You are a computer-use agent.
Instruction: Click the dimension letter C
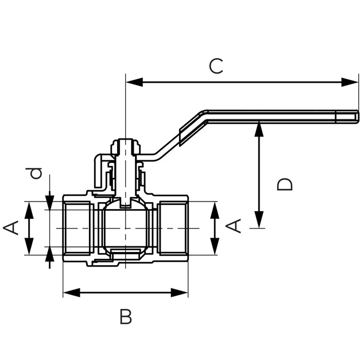(x=216, y=66)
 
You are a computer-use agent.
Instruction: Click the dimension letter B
(x=126, y=316)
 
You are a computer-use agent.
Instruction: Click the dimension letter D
(x=285, y=184)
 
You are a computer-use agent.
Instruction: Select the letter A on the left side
(x=11, y=228)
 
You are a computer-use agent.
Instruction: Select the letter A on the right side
(x=234, y=226)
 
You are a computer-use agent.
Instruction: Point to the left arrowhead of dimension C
(x=134, y=82)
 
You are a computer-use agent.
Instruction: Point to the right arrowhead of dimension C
(x=350, y=82)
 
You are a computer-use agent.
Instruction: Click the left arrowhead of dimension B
(x=72, y=293)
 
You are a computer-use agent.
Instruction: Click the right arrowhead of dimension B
(x=180, y=293)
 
